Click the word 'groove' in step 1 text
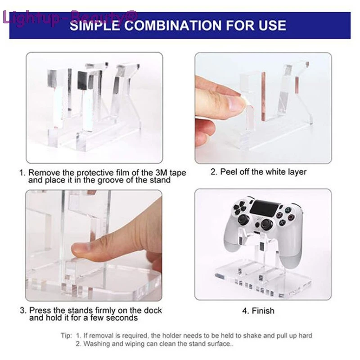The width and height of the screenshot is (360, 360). pyautogui.click(x=121, y=180)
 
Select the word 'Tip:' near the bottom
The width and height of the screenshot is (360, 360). pyautogui.click(x=67, y=336)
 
